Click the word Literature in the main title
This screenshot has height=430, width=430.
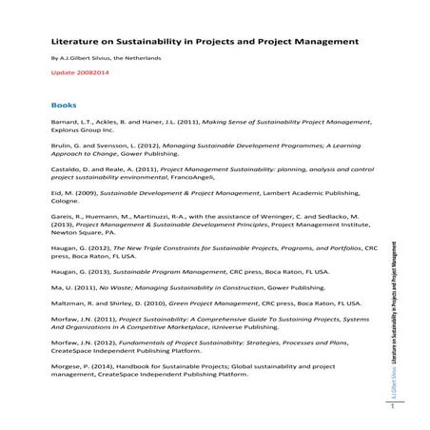[72, 42]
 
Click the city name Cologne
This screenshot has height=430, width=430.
[65, 204]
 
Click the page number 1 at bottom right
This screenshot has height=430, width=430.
[390, 407]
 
